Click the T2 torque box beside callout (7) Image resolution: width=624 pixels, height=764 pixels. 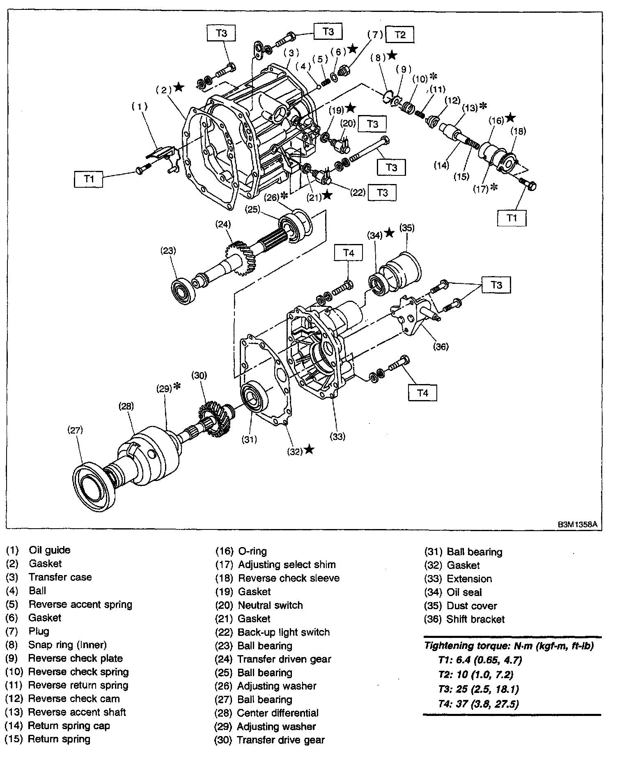click(x=400, y=35)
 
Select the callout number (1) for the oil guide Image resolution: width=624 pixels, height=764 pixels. click(x=139, y=106)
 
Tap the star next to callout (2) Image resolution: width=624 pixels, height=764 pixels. click(x=179, y=87)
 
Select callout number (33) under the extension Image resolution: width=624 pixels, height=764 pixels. click(x=337, y=437)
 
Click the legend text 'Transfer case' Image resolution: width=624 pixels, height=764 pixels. click(x=60, y=577)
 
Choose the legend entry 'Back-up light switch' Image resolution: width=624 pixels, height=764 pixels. click(x=284, y=632)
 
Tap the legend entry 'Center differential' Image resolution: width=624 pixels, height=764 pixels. click(x=278, y=713)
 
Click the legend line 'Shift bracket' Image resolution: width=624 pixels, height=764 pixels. click(x=476, y=619)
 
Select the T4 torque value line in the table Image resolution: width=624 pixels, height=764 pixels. click(x=479, y=704)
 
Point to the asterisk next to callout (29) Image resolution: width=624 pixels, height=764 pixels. click(x=177, y=387)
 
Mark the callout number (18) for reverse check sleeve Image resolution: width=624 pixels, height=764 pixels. click(x=518, y=131)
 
